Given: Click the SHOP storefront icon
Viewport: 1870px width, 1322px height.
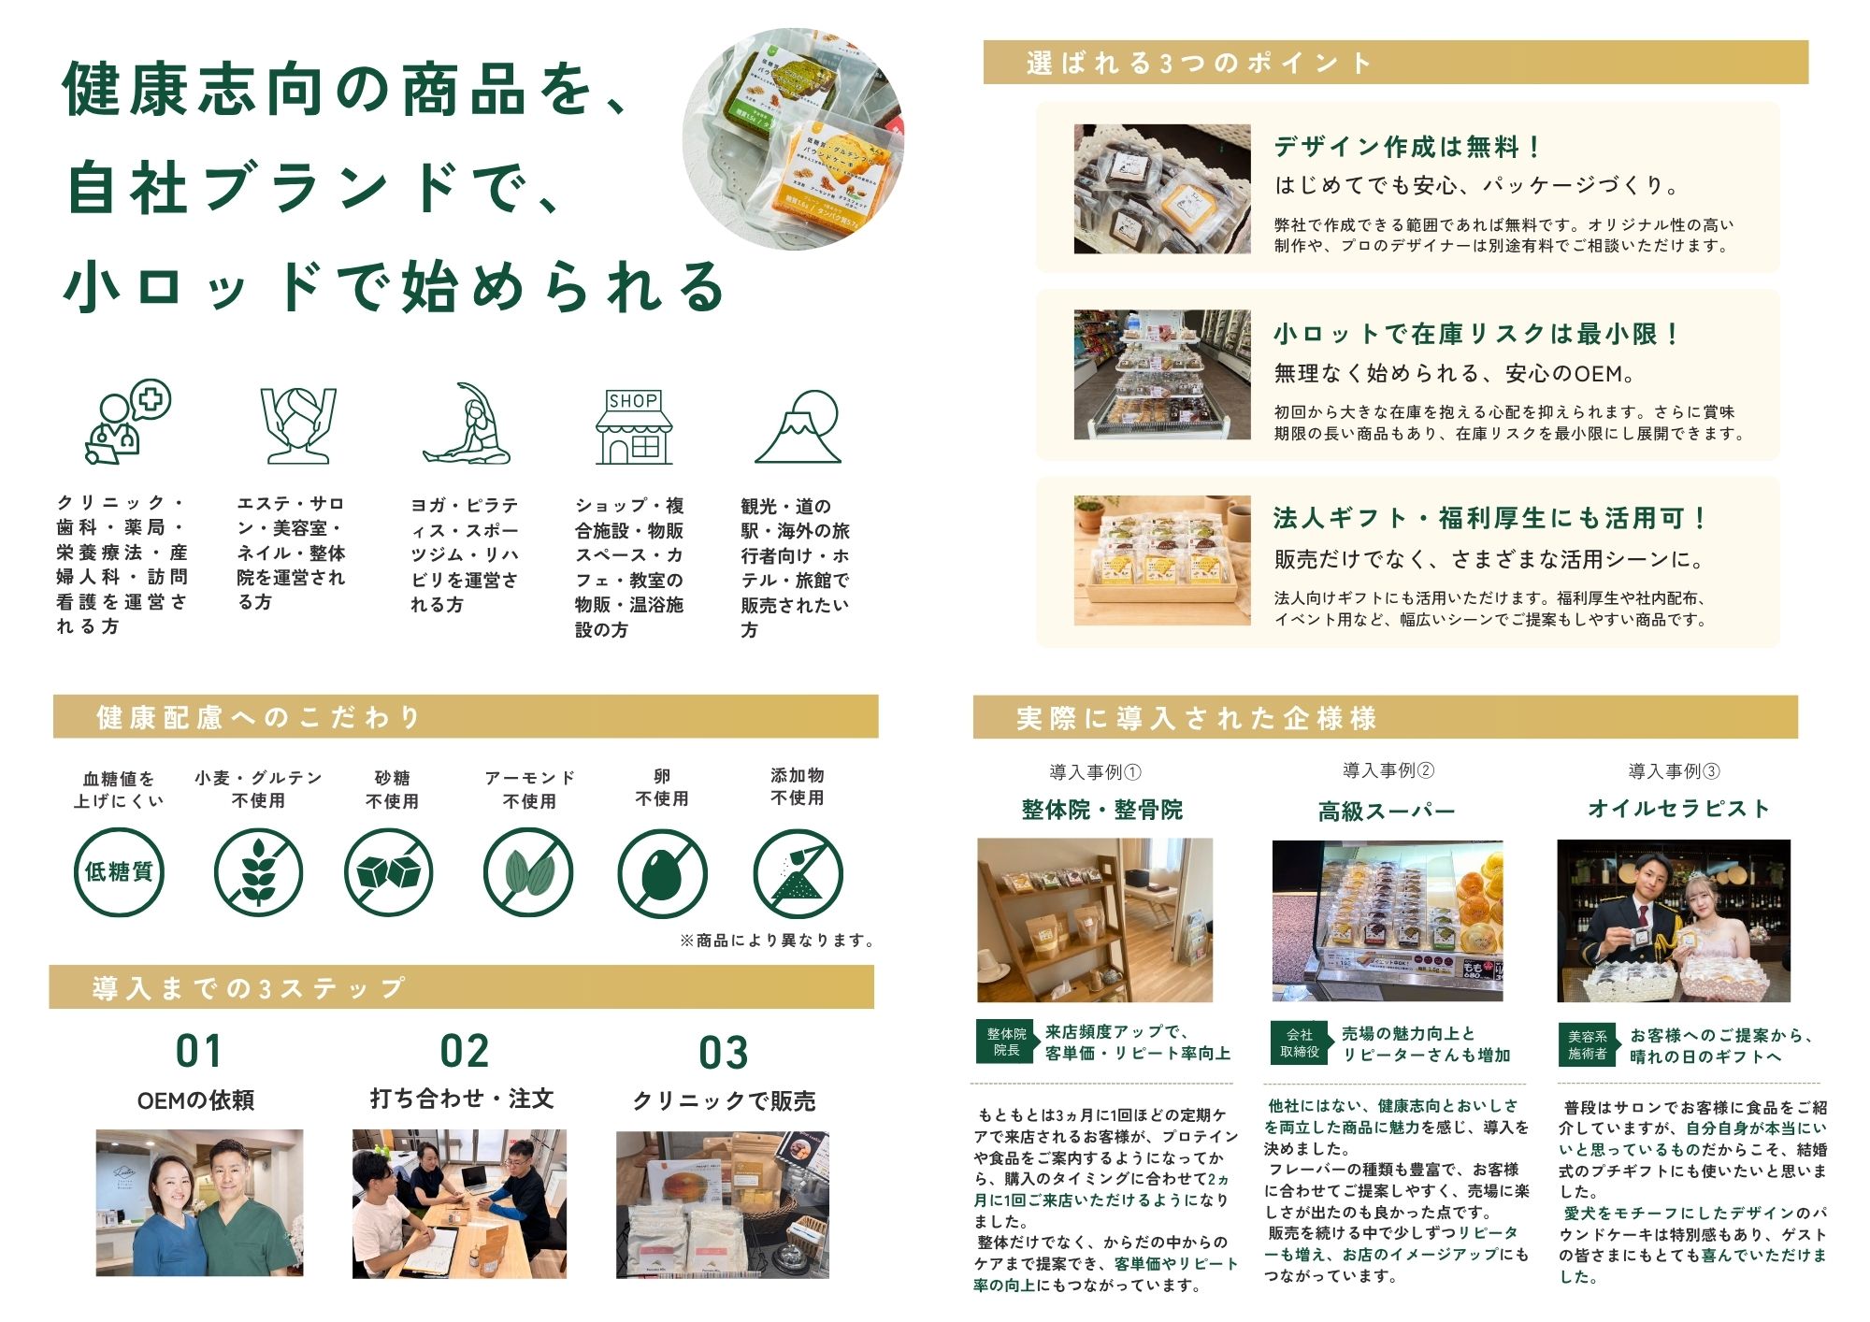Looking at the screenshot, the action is [x=634, y=426].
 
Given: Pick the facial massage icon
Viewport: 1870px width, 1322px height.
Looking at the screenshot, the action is [x=297, y=424].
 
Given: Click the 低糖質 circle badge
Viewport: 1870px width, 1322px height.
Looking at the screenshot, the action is [x=119, y=872].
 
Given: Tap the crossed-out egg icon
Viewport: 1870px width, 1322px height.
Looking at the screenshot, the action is [x=662, y=873].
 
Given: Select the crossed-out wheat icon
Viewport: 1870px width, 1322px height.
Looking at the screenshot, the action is [x=258, y=873].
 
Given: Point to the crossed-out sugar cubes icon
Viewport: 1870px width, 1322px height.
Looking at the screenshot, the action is [x=389, y=873].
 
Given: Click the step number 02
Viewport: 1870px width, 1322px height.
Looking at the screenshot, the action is [x=465, y=1051].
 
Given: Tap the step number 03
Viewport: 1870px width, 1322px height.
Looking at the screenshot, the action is [x=724, y=1053].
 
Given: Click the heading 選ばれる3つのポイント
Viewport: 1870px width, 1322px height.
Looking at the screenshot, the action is [x=1200, y=63].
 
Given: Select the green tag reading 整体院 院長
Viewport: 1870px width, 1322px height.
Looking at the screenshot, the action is [x=1006, y=1042].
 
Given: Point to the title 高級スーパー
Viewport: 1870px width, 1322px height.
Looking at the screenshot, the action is [x=1387, y=811].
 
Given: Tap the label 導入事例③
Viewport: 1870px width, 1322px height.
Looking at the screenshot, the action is [x=1674, y=771].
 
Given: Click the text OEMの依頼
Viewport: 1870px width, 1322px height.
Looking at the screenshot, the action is [x=195, y=1100].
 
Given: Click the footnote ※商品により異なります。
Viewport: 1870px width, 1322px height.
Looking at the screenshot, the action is [x=778, y=941].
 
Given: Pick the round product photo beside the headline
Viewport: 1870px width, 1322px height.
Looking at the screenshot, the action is [x=793, y=138].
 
